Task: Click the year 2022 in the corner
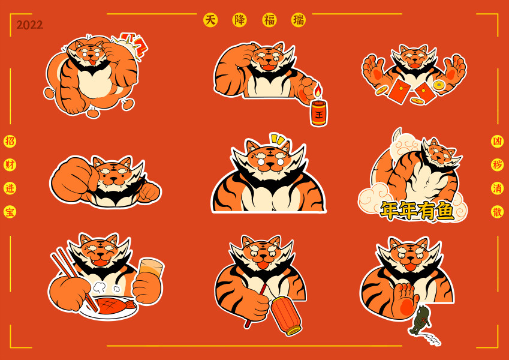tap(30, 25)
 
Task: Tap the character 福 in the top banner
tap(269, 20)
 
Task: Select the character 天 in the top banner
tap(210, 20)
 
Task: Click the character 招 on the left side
tap(10, 142)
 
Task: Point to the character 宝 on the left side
tap(10, 212)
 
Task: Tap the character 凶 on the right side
tap(497, 142)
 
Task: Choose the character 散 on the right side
tap(497, 212)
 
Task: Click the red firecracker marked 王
tap(319, 113)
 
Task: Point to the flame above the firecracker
tap(318, 91)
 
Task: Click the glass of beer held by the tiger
tap(151, 268)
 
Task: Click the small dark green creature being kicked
tap(421, 320)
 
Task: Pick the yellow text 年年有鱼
tap(417, 211)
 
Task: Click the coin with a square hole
tap(439, 85)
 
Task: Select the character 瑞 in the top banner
tap(299, 20)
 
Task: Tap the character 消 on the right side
tap(497, 188)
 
